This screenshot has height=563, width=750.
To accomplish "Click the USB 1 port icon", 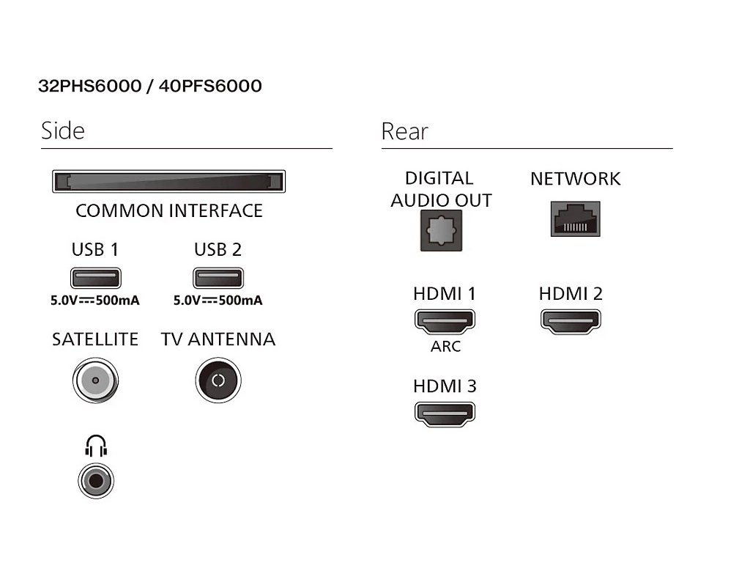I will tap(96, 279).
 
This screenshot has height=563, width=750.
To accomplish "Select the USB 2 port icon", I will tap(218, 279).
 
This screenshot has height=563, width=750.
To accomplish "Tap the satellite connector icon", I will tap(95, 381).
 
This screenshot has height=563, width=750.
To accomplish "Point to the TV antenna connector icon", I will tap(218, 381).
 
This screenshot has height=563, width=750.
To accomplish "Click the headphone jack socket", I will tap(96, 481).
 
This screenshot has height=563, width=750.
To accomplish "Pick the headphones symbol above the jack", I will tap(96, 446).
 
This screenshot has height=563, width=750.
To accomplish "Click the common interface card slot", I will tap(168, 181).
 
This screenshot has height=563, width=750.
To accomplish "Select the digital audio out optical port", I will tap(441, 230).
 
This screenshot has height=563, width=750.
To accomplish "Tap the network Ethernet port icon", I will tap(575, 219).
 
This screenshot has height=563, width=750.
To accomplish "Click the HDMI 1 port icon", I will tap(445, 321).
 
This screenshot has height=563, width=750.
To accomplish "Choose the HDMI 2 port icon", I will tap(571, 321).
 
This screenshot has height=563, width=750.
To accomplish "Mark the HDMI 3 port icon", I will tap(445, 413).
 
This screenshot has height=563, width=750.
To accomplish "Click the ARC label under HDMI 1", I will tap(445, 346).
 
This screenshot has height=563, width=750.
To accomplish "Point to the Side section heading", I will tap(63, 131).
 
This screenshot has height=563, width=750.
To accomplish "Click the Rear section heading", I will tap(404, 132).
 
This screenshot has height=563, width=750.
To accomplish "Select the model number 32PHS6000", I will tap(89, 87).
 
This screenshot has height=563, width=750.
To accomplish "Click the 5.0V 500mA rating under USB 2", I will tap(218, 301).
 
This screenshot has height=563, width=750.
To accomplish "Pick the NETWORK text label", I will tap(575, 179).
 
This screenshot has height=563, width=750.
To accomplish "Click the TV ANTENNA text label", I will tap(218, 339).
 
